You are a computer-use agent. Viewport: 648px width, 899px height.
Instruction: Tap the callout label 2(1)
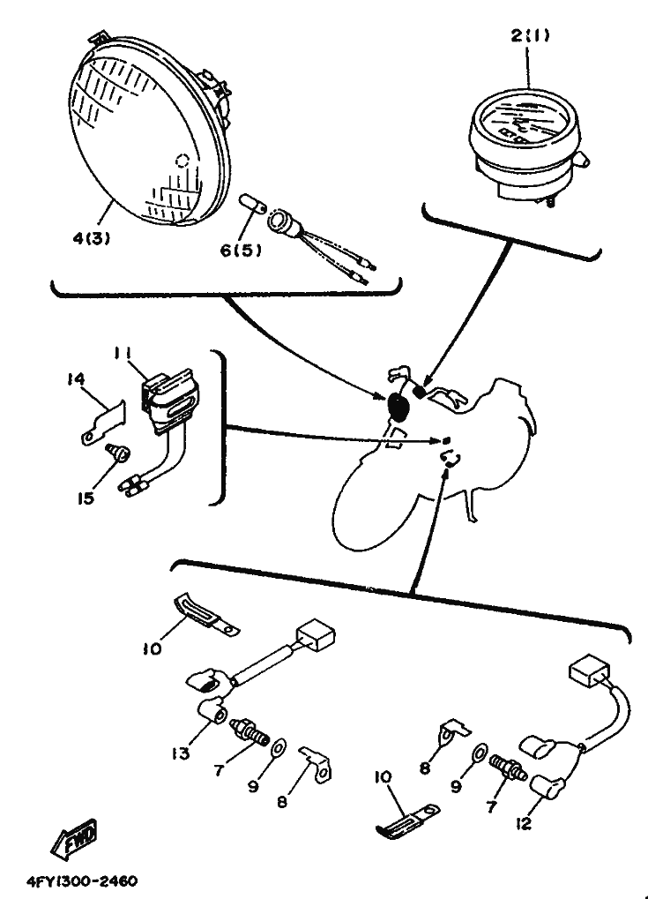pos(530,35)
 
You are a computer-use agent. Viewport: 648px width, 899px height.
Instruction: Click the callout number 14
pos(76,379)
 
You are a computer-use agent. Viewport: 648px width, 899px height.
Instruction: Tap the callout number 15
pos(86,498)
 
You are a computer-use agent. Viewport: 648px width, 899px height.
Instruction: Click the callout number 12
pos(523,824)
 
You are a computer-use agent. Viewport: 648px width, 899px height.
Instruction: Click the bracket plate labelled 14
pos(102,423)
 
